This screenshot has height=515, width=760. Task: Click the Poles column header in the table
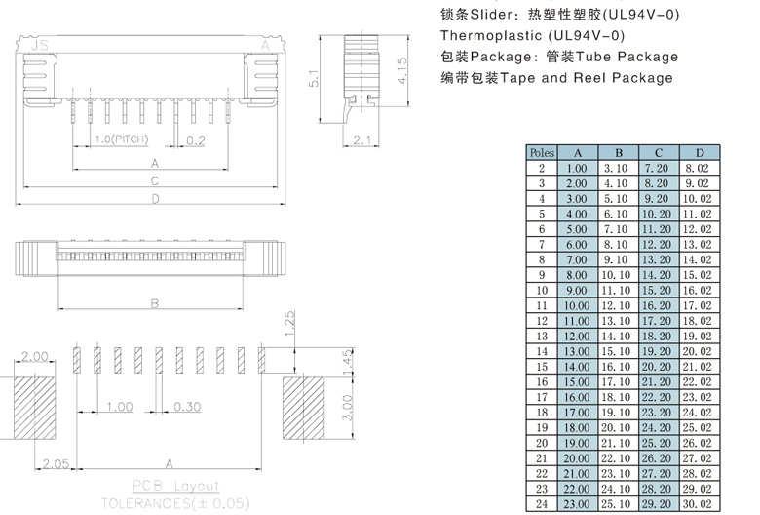tap(541, 152)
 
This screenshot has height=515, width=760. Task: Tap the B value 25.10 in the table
tap(618, 503)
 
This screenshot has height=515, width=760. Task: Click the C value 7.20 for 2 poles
tap(658, 169)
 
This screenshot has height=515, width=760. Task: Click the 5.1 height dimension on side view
tap(312, 79)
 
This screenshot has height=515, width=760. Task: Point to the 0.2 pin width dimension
tap(195, 140)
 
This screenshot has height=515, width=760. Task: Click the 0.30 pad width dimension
tap(188, 406)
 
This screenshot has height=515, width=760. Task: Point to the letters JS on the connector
tap(40, 45)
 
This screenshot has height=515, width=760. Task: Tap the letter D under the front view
tap(154, 199)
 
